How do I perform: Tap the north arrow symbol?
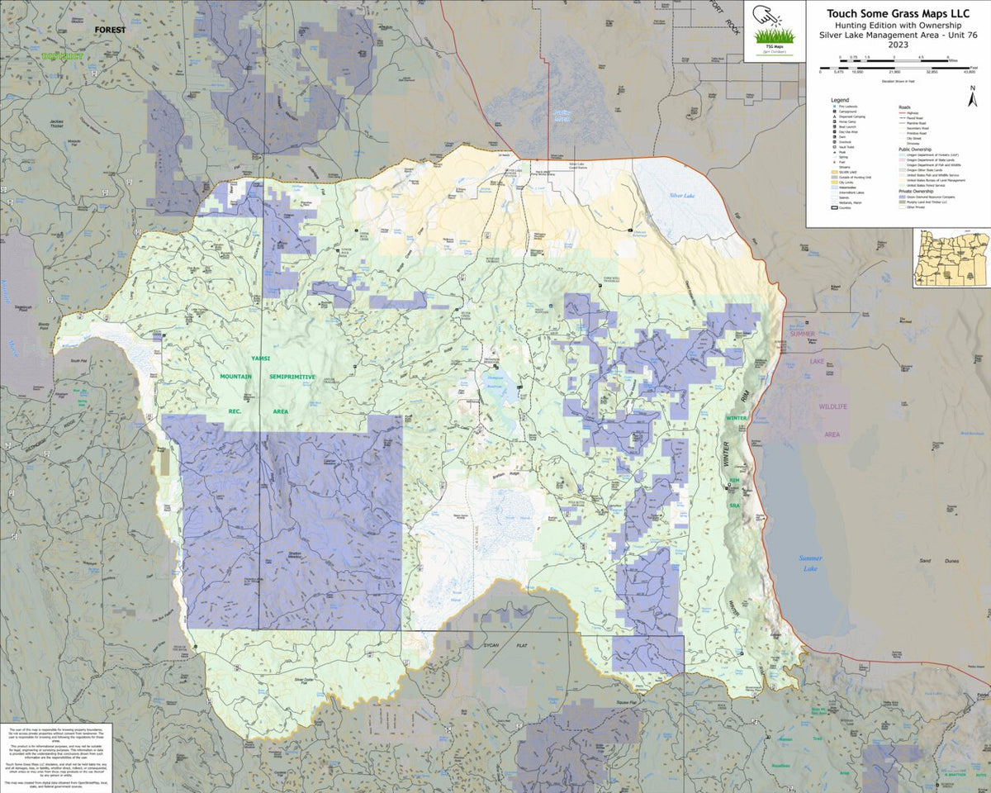[974, 98]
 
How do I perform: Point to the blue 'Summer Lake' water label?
[810, 563]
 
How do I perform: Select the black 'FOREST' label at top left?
[111, 30]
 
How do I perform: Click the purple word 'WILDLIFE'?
[833, 407]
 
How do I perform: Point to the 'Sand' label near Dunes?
[926, 561]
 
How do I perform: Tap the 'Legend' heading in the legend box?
[840, 99]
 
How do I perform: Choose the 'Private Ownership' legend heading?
[918, 191]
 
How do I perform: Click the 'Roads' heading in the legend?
[905, 107]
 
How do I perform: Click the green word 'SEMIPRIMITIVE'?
[292, 377]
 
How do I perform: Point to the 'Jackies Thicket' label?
[56, 125]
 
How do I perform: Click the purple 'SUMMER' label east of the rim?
[801, 334]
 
